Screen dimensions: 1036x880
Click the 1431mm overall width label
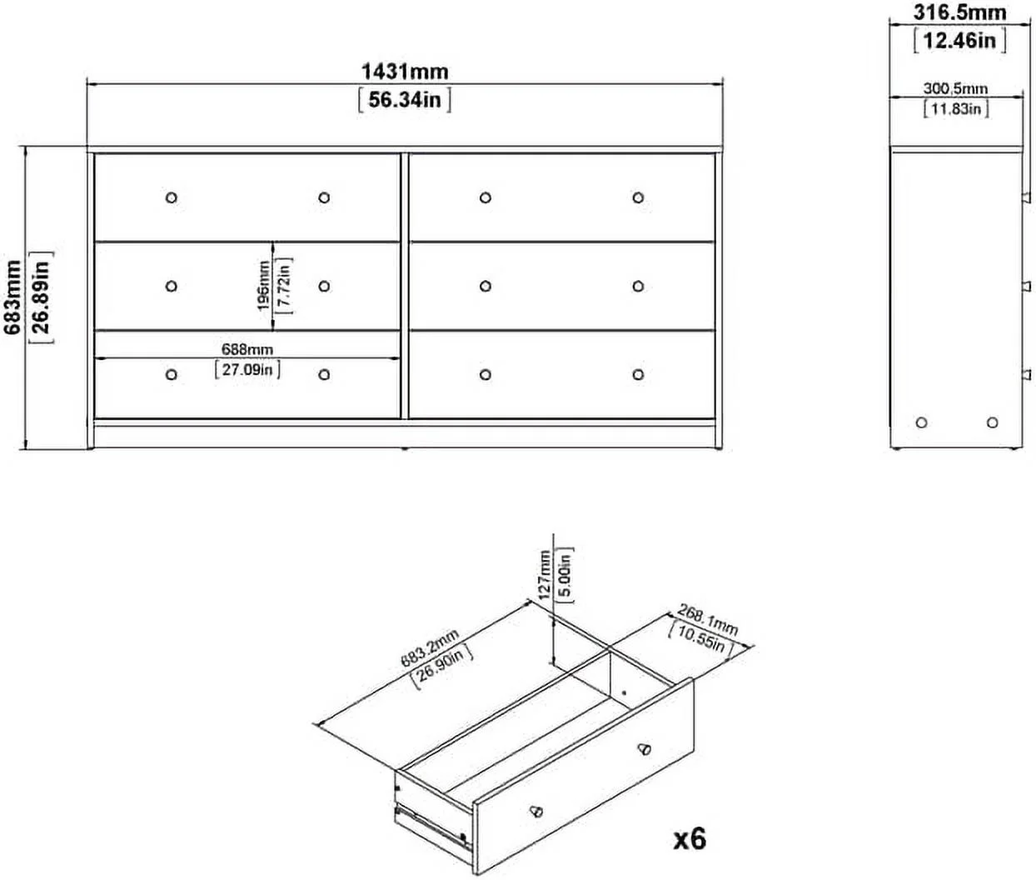[405, 72]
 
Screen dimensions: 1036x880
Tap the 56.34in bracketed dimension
[405, 100]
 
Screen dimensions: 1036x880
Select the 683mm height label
[12, 297]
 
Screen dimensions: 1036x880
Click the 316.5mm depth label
[959, 12]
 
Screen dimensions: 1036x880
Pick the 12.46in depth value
[959, 40]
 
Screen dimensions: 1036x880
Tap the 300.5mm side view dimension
[956, 89]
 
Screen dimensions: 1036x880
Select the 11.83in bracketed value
[956, 108]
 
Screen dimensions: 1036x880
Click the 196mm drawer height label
[264, 286]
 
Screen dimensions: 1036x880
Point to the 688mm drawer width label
[247, 349]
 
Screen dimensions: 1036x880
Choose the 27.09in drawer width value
[247, 369]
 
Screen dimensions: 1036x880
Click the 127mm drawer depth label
[545, 576]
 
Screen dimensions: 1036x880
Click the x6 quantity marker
[690, 839]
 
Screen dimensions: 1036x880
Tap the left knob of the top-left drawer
[172, 197]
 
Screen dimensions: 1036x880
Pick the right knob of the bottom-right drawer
[638, 374]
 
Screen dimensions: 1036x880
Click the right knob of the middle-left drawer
[324, 287]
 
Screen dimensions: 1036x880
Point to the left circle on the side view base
[921, 422]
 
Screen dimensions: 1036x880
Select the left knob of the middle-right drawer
[486, 287]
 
